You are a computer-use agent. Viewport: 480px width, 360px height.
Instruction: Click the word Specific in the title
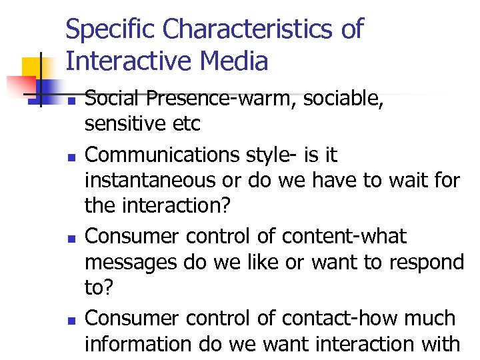(x=111, y=30)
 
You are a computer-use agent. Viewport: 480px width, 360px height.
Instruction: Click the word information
(x=139, y=344)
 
